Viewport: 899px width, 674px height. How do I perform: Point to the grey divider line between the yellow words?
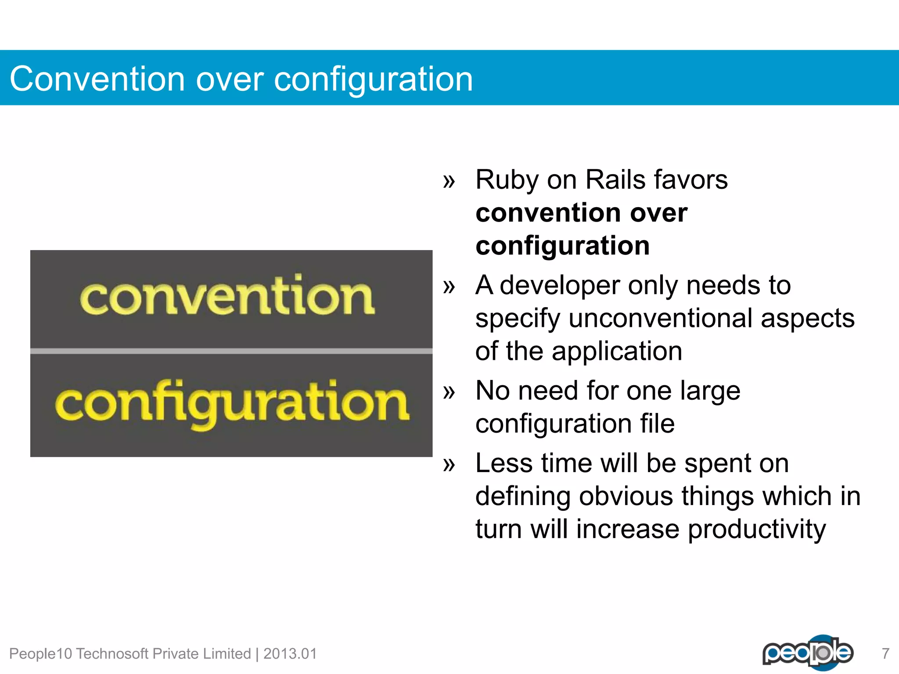(231, 351)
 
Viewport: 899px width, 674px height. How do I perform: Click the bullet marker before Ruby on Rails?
(449, 181)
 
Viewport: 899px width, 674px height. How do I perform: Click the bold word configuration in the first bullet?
(562, 246)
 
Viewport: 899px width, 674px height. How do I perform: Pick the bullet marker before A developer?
(449, 287)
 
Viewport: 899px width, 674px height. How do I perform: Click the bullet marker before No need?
(449, 392)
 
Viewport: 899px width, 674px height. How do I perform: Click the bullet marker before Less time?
(449, 464)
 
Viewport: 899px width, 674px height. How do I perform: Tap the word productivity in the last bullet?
(757, 530)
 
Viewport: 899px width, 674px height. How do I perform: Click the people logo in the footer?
(808, 652)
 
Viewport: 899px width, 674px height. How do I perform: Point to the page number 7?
(885, 654)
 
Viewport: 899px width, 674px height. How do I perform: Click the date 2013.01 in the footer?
(290, 654)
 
